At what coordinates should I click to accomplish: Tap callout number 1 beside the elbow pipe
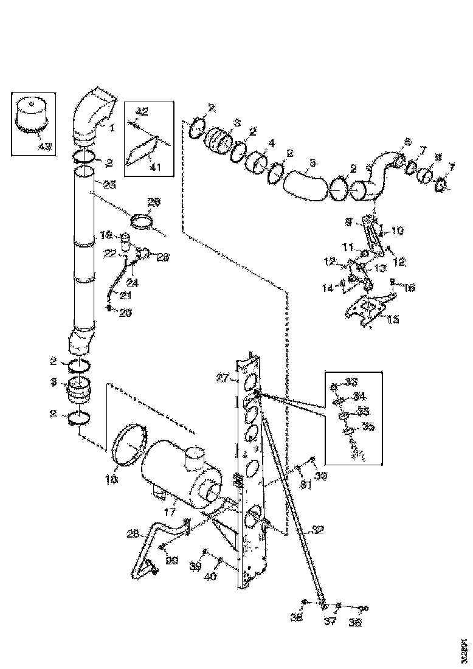click(112, 128)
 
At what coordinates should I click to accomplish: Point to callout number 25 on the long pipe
click(109, 184)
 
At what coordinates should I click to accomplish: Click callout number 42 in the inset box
click(141, 111)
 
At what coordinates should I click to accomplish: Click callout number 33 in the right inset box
click(351, 382)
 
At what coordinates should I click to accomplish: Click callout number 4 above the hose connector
click(271, 144)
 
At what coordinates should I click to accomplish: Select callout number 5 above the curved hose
click(312, 162)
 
